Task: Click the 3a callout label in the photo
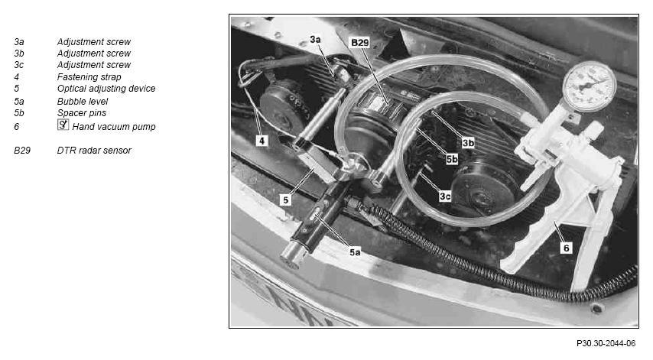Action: coord(315,40)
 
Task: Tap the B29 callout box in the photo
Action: coord(360,43)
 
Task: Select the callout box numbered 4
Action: coord(262,141)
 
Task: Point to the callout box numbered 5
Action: coord(286,200)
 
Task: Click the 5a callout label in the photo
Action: coord(355,251)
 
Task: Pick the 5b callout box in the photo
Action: coord(452,159)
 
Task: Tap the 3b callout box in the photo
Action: coord(468,143)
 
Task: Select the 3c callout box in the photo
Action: coord(445,196)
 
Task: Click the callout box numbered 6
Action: coord(567,248)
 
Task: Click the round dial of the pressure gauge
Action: coord(590,86)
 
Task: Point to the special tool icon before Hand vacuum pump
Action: coord(63,125)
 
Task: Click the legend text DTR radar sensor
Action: coord(94,151)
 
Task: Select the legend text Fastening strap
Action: coord(89,77)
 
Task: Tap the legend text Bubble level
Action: coord(83,101)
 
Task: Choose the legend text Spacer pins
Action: coord(82,113)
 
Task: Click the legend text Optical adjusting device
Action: coord(106,88)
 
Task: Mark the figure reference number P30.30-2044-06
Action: coord(606,343)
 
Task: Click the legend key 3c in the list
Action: coord(19,65)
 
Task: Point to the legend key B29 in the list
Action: coord(22,151)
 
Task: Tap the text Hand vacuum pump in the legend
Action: coord(114,127)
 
